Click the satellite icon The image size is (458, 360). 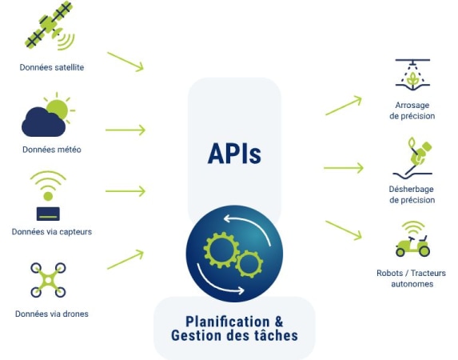coord(50,26)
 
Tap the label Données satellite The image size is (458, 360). coord(52,67)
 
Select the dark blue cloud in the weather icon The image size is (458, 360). coord(43,122)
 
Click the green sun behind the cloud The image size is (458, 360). coord(58,109)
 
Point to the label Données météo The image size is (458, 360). coord(52,150)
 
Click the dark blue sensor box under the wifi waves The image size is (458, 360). coord(48,214)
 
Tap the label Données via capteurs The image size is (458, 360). coord(52,232)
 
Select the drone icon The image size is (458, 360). coord(48,280)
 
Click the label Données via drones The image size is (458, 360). coord(52,314)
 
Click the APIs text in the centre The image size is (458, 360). coord(234,154)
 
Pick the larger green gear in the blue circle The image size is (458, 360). coord(221,250)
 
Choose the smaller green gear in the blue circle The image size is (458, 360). coord(249,264)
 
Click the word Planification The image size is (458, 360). coord(228,322)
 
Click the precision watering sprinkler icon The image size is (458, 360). coord(412,75)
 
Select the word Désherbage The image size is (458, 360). coord(412,189)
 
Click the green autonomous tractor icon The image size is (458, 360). coord(412,240)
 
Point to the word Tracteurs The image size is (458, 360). coord(428,273)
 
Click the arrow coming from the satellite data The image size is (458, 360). coord(125,62)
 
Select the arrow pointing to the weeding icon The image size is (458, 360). coord(344,168)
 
